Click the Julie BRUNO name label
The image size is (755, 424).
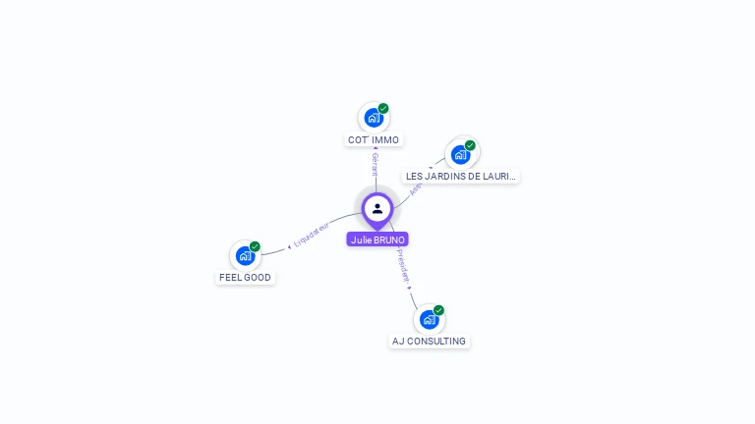[x=377, y=239]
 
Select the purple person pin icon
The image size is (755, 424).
[x=377, y=208]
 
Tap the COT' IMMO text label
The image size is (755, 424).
[x=374, y=140]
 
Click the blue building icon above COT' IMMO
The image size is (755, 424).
[x=373, y=118]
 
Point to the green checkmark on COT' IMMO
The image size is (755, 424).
[x=383, y=108]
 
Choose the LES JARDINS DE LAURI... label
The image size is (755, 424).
[x=461, y=177]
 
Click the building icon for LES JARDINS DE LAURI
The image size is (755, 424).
[x=459, y=154]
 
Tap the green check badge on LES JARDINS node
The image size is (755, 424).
[x=470, y=145]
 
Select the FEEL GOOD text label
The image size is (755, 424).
[x=245, y=278]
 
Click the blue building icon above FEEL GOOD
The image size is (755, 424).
[x=245, y=255]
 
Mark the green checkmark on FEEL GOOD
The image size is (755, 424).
[x=255, y=246]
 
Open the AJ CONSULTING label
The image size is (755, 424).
[x=429, y=342]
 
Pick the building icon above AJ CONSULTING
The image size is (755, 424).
[x=428, y=319]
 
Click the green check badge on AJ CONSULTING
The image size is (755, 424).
[x=438, y=310]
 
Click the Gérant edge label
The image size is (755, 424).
[x=375, y=164]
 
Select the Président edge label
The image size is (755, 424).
[x=403, y=266]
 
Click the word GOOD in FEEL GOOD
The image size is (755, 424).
[x=258, y=278]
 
